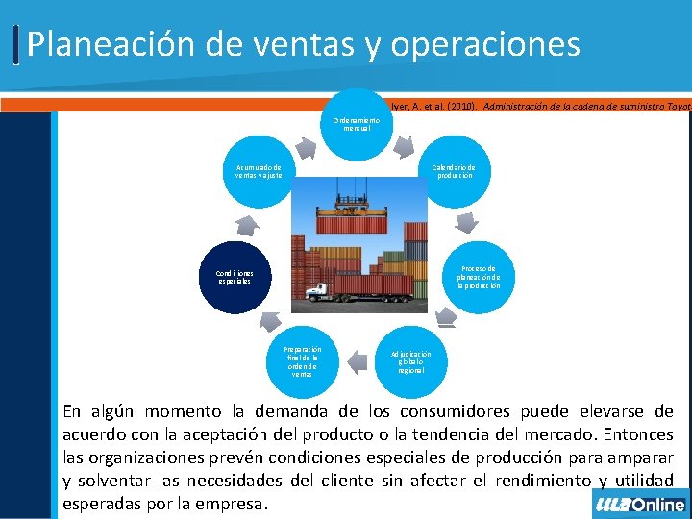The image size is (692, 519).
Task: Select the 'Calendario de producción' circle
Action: coord(453,171)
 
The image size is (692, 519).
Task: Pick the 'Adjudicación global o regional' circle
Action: coord(410,360)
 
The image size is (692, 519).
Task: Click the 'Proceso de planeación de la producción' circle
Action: coord(478,277)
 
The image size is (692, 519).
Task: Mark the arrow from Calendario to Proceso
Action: coord(467,223)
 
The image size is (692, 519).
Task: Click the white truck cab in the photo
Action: coord(314,291)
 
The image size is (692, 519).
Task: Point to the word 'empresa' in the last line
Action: coord(234,503)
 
